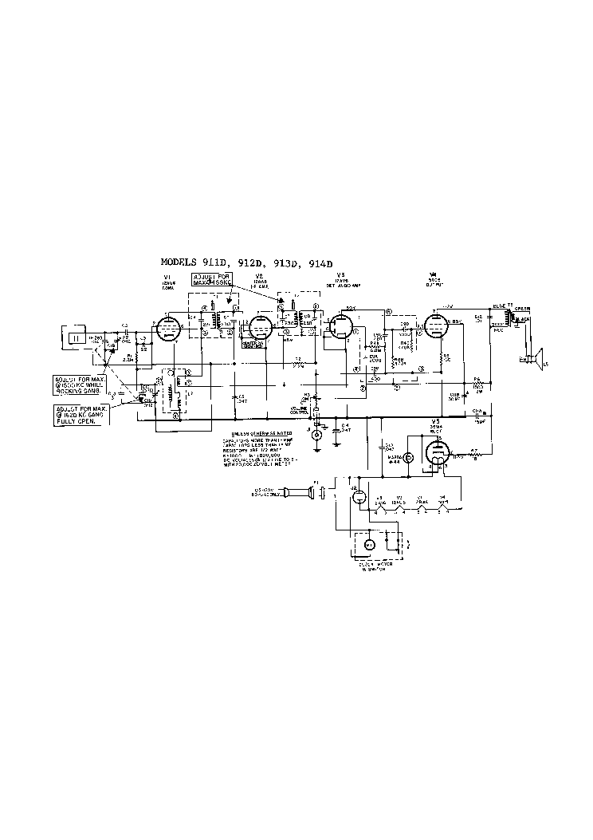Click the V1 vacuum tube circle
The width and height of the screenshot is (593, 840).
click(x=168, y=326)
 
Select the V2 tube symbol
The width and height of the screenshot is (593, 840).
click(x=258, y=327)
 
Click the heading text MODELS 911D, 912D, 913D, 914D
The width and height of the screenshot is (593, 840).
click(x=245, y=262)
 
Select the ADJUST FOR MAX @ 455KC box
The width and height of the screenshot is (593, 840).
click(x=210, y=280)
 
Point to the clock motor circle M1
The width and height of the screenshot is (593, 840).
click(x=369, y=544)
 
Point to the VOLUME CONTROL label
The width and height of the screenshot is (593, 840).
click(x=298, y=409)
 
